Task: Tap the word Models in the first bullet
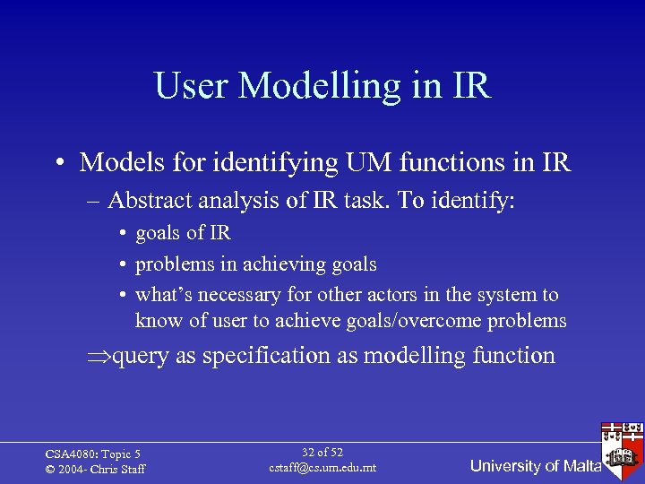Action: [x=120, y=162]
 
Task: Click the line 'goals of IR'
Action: [x=183, y=233]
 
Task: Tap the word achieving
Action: [x=275, y=264]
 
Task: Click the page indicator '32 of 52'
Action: [x=322, y=453]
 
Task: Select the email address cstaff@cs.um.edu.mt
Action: [x=322, y=468]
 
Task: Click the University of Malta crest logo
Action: [x=623, y=445]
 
